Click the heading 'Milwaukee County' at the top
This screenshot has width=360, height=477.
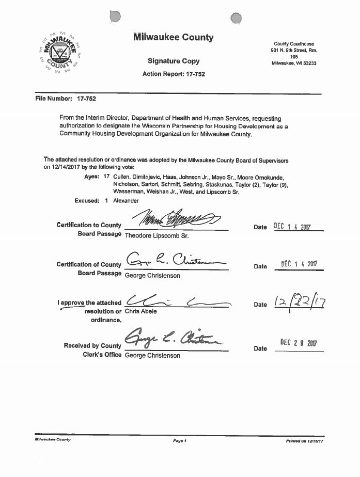coord(173,38)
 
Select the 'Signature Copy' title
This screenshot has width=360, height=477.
coord(174,61)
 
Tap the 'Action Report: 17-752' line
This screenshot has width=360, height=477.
coord(174,74)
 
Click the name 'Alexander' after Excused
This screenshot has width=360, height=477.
coord(126,200)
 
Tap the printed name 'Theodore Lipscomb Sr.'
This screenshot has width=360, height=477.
coord(156,235)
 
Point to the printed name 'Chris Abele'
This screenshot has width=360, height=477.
coord(140,311)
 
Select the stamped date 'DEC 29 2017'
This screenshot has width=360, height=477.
coord(299,343)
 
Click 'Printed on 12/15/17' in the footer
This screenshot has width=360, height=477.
coord(305,441)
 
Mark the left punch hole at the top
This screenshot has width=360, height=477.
coord(115,17)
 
